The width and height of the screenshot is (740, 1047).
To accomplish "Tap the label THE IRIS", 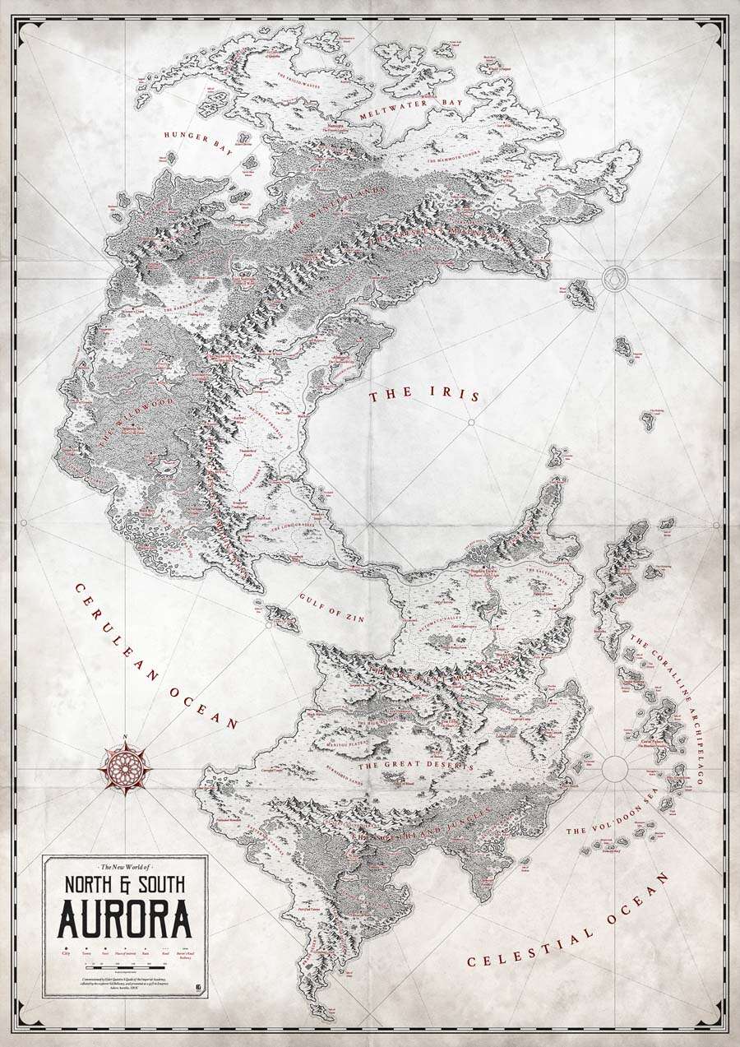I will click(x=424, y=396).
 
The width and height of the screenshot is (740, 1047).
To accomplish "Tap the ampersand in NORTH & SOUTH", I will click(x=125, y=887).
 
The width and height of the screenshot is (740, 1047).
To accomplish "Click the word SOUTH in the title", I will click(x=160, y=887).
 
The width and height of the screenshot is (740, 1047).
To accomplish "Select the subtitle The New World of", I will click(x=125, y=867).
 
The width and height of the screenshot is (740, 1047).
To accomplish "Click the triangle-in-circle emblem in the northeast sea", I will click(x=614, y=277).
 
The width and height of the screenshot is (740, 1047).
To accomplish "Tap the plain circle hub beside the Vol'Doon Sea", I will click(x=614, y=768).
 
